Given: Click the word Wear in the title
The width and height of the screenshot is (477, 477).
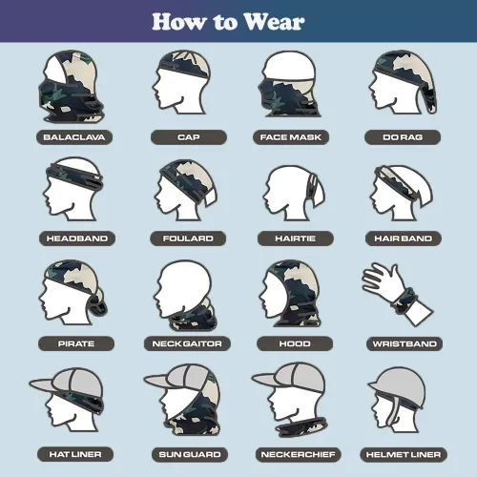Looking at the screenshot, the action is pos(274,22).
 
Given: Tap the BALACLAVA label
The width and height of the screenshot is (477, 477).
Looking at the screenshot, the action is pos(74,137).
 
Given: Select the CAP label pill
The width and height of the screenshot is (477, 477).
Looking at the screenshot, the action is pos(189,137).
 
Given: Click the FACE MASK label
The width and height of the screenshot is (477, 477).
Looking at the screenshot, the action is pos(291,137).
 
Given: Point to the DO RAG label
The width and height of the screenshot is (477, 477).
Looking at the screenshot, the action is pos(403,137).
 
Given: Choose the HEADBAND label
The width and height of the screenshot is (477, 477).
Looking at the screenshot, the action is pos(77,238).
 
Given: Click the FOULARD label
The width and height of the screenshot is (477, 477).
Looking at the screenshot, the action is pos(188,238).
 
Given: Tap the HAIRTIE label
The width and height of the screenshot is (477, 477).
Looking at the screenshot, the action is pos(296,238).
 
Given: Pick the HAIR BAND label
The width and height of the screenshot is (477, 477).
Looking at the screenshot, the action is pos(404,238).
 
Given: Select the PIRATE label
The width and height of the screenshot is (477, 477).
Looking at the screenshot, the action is pos(76,343).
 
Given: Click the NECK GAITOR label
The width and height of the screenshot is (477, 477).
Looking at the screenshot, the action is pos(187,343).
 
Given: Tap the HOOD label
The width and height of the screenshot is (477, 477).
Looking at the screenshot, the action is pos(295,343).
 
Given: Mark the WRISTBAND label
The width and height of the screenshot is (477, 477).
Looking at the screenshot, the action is pos(404,343).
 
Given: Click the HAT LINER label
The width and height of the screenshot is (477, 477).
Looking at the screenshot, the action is pos(75,454).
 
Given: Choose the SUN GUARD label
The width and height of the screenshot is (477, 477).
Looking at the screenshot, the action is pos(190,454).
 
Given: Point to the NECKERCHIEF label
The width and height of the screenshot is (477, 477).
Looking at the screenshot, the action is pos(299,454).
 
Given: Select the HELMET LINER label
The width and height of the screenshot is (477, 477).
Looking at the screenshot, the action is pos(404,454).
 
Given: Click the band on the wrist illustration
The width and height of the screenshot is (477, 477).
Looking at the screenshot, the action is pos(404,301).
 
